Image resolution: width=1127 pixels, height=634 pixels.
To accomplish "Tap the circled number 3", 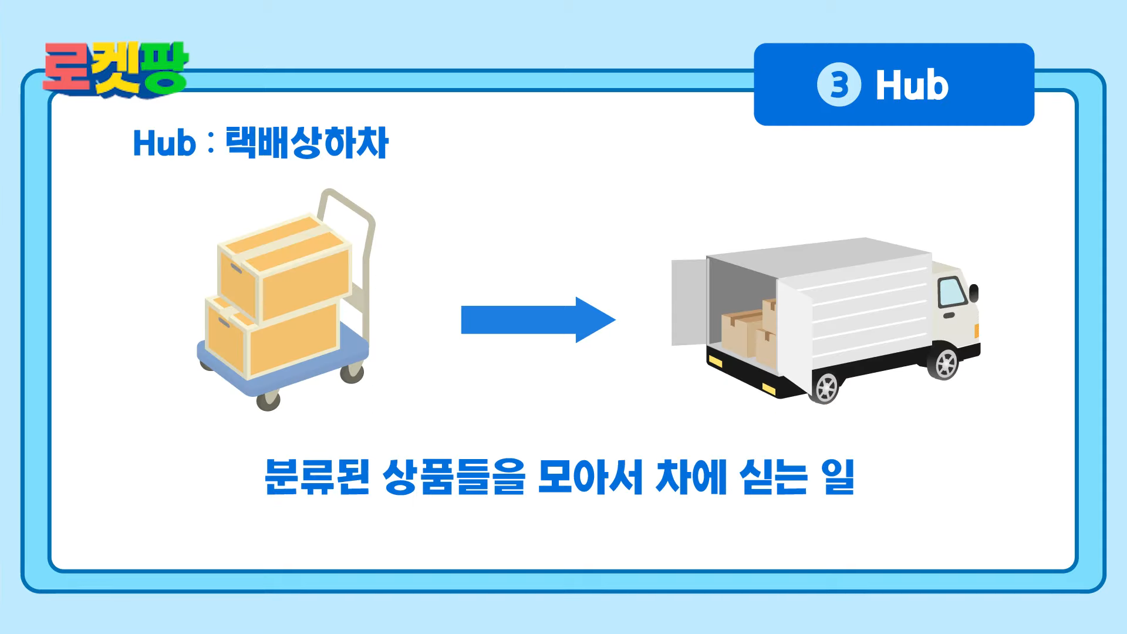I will [x=839, y=85].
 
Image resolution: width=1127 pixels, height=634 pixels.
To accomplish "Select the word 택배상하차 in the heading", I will [x=306, y=143].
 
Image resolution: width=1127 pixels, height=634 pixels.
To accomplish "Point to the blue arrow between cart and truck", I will [x=538, y=320].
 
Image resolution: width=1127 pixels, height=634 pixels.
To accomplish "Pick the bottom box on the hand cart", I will [x=272, y=338].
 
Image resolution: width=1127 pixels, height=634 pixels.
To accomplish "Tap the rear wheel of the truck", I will [x=826, y=387].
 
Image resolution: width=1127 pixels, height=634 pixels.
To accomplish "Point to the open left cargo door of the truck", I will [x=689, y=302].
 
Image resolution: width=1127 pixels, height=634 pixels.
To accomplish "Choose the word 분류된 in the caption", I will [x=317, y=476].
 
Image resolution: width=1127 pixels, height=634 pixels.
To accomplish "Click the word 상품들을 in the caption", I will [x=454, y=476].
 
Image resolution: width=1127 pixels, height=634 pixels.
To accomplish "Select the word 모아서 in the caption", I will [x=591, y=476].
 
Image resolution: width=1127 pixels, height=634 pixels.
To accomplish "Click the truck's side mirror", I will [x=974, y=292].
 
